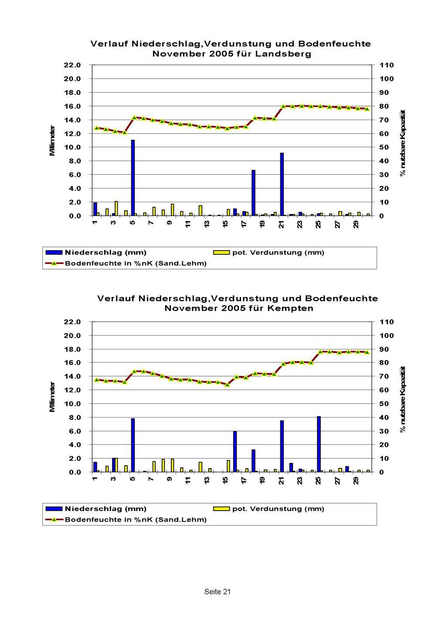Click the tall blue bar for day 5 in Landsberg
(x=133, y=178)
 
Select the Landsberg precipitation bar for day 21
(x=282, y=184)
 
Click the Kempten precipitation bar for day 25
(x=319, y=444)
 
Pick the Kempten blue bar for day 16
(x=235, y=452)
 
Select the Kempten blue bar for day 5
(x=133, y=445)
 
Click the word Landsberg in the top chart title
(x=290, y=54)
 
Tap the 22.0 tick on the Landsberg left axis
(x=73, y=65)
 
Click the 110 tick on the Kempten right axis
(x=387, y=322)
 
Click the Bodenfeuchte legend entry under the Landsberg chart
(x=136, y=263)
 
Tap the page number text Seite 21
(x=217, y=592)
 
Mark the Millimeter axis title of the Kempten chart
(x=52, y=397)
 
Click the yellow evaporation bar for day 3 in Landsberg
(x=116, y=208)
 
